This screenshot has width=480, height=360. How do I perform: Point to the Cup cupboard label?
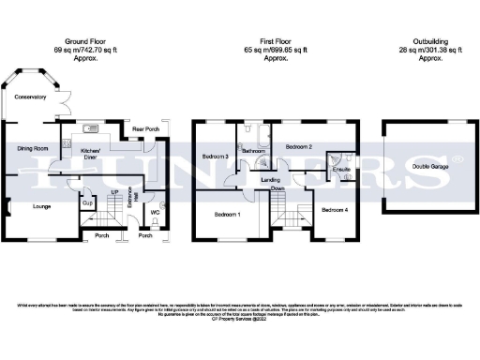86,202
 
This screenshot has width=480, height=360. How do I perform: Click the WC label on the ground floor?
157,212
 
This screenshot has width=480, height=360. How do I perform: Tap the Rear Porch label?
143,129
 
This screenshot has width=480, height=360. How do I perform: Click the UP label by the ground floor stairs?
114,191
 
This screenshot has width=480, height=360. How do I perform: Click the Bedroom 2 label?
299,147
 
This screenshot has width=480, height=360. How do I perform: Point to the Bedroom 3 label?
215,157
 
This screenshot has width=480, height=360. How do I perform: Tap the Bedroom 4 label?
334,210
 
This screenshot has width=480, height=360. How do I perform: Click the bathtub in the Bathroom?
255,136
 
